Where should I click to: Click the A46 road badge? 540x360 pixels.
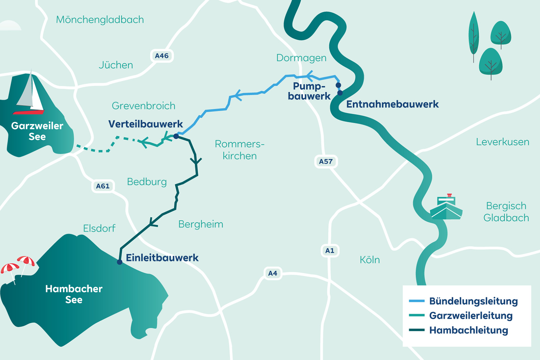coord(162,56)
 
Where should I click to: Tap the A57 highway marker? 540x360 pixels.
coord(326,161)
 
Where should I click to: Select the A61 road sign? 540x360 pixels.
coord(103,186)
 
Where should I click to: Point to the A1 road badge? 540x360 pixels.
coord(330,251)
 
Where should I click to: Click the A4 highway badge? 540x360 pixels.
coord(272,273)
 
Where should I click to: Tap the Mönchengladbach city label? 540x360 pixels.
coord(100,20)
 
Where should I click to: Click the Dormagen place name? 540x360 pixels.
coord(301,58)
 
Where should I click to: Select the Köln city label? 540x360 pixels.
coord(370,260)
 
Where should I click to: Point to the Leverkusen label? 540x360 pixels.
coord(502,142)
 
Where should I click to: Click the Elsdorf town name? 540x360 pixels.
coord(99,228)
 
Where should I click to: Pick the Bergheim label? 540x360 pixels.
coord(200,224)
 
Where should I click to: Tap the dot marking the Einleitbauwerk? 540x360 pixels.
coord(119,262)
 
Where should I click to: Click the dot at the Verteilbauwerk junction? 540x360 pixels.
coord(176,136)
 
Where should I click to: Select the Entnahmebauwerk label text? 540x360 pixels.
coord(392,104)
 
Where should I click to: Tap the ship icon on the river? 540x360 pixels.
coord(446,208)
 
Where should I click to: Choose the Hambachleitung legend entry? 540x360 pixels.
coord(468,330)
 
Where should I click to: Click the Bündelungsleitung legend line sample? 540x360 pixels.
coord(416,301)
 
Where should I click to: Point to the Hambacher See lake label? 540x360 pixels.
coord(74,294)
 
